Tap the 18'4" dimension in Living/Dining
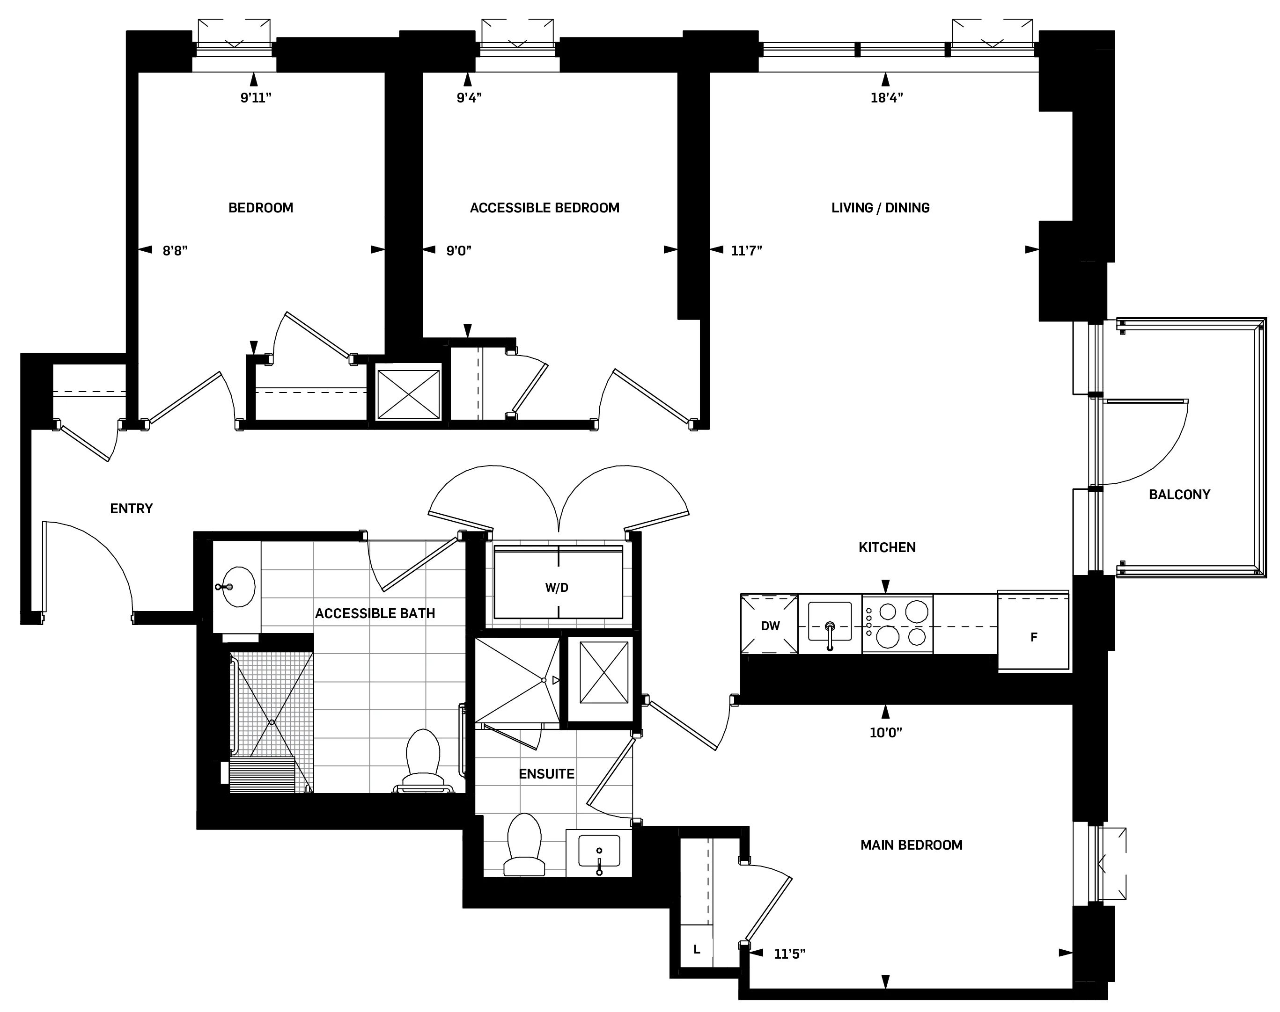(886, 98)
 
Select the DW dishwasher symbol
(770, 626)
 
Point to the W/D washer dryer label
(557, 587)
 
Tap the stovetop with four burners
(897, 625)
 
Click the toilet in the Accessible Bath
(423, 761)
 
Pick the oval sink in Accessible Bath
(238, 587)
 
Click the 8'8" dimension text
(175, 251)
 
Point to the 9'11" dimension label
(256, 98)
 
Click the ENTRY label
(132, 509)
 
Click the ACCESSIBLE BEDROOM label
(544, 208)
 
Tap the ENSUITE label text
(546, 774)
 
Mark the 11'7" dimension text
(746, 251)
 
